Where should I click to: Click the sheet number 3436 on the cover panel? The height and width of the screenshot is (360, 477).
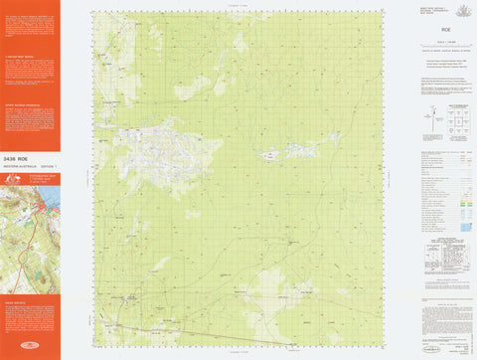coord(9,158)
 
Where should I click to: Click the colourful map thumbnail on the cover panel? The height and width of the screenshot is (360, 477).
coord(29,230)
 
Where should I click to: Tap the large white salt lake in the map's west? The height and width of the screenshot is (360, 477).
coord(149,149)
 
